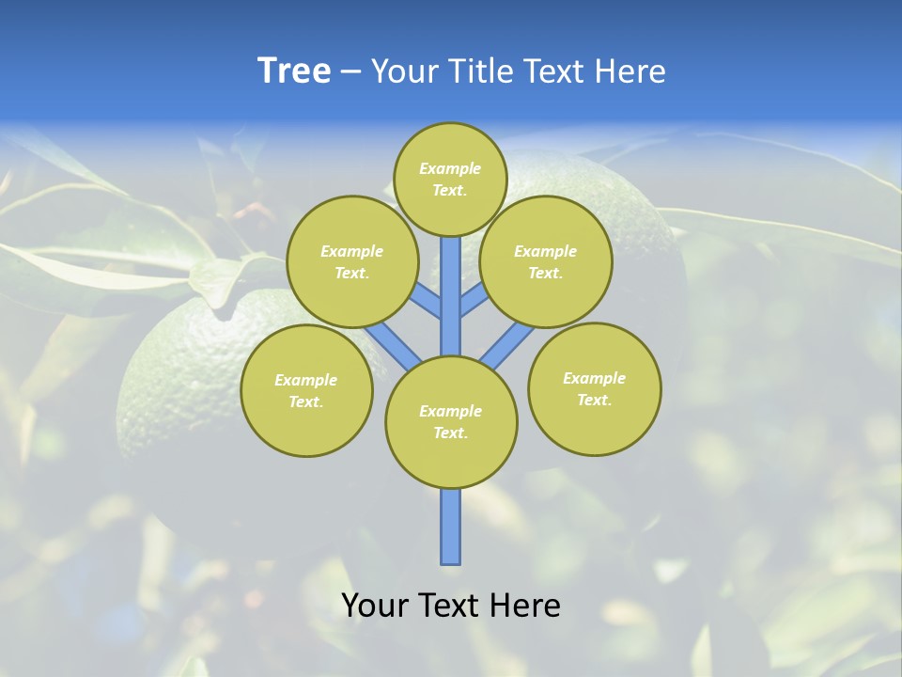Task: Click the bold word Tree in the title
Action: tap(294, 71)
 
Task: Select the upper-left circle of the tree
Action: tap(351, 261)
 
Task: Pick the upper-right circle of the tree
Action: tap(545, 261)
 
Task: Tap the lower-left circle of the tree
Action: tap(306, 390)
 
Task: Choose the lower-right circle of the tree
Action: tap(594, 388)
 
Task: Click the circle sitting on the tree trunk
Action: tap(451, 422)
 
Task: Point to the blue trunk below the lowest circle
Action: tap(451, 527)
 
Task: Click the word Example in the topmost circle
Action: tap(450, 168)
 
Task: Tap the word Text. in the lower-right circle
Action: tap(594, 400)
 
